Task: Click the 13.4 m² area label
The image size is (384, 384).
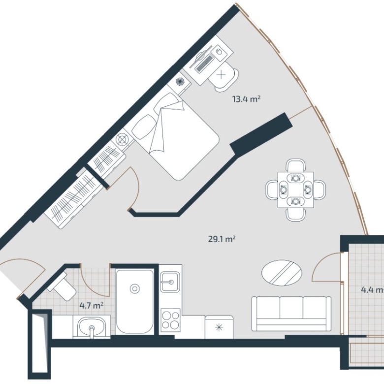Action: (x=246, y=99)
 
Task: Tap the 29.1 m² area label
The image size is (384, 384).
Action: (x=222, y=239)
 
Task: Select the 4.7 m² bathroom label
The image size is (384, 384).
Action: (x=92, y=306)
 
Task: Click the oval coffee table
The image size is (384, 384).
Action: (x=282, y=273)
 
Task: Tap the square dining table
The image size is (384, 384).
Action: (x=296, y=190)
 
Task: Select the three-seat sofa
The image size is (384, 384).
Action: (x=291, y=314)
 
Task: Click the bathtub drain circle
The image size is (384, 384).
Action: (x=134, y=288)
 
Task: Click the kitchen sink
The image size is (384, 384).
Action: (x=170, y=282)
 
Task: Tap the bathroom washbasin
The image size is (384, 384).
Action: (x=92, y=327)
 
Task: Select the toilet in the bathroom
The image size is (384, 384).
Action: (x=63, y=288)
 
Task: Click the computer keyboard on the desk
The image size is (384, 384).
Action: (x=204, y=64)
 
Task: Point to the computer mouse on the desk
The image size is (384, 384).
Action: (x=219, y=52)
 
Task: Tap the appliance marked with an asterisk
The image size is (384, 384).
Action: (x=219, y=327)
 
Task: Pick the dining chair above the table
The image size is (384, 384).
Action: (x=296, y=166)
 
